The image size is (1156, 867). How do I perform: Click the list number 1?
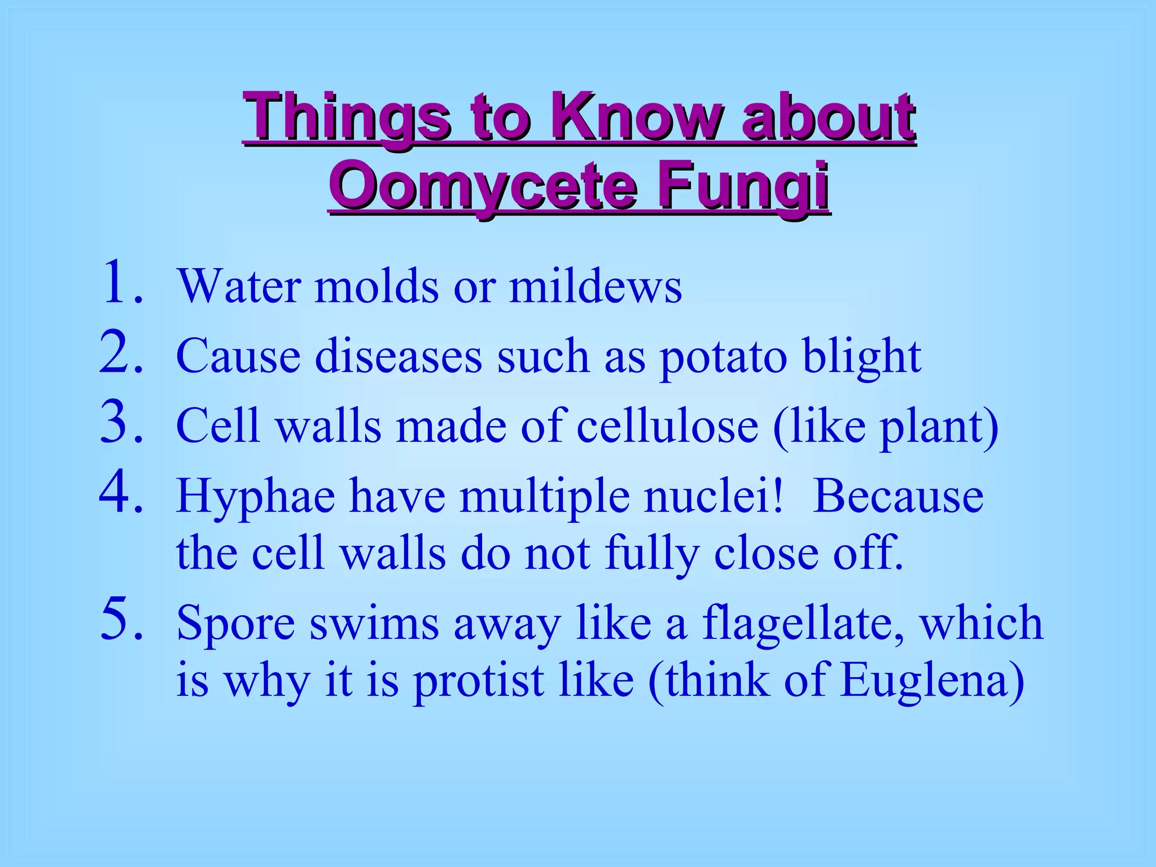(x=120, y=282)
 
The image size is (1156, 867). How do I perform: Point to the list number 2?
(x=120, y=353)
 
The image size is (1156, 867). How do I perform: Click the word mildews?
(x=595, y=286)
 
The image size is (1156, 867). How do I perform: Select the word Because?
(x=898, y=496)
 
